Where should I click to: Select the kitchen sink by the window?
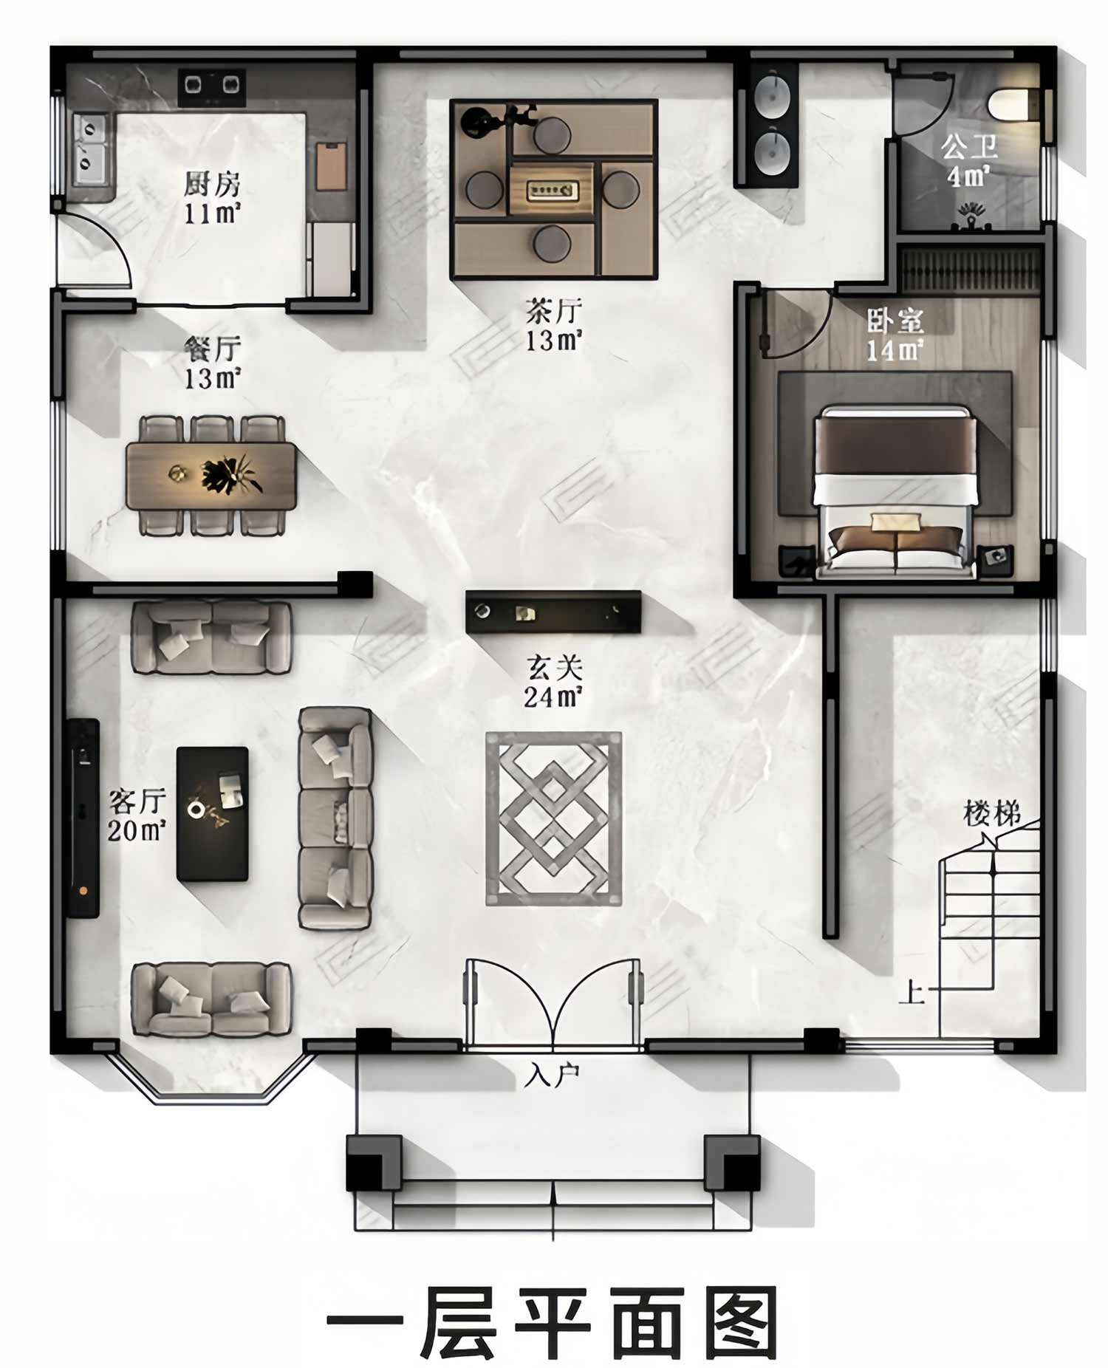click(x=92, y=151)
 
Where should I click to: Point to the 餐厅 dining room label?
click(x=212, y=348)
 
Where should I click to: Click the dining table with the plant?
click(x=211, y=476)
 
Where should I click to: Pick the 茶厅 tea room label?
click(x=553, y=311)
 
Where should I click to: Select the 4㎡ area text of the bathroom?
click(x=968, y=177)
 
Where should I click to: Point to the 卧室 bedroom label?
click(x=895, y=321)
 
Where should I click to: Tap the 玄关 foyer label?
click(x=554, y=668)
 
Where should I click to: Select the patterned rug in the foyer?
click(x=553, y=818)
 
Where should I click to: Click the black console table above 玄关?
click(x=553, y=612)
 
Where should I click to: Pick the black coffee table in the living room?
click(x=212, y=813)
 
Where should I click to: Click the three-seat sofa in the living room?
click(x=335, y=818)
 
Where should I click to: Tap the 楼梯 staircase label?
click(x=993, y=814)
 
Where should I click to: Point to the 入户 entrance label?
click(x=553, y=1075)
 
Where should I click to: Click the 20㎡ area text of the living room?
click(x=137, y=830)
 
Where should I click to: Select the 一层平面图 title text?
click(x=553, y=1322)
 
